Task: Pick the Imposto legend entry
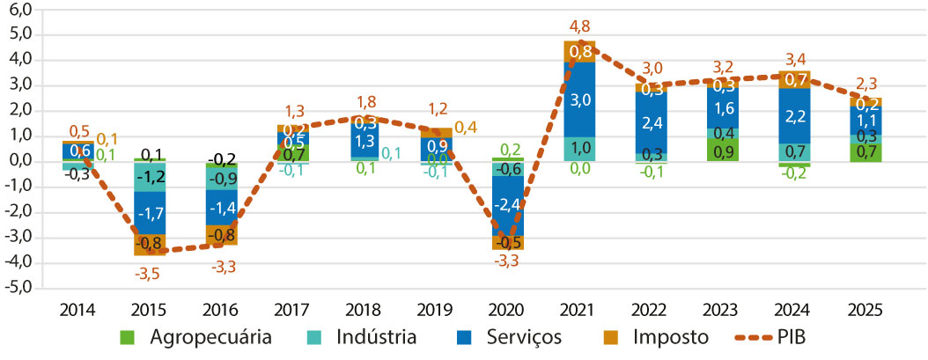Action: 664,337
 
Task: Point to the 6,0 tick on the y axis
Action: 18,10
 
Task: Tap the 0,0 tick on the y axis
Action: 18,162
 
